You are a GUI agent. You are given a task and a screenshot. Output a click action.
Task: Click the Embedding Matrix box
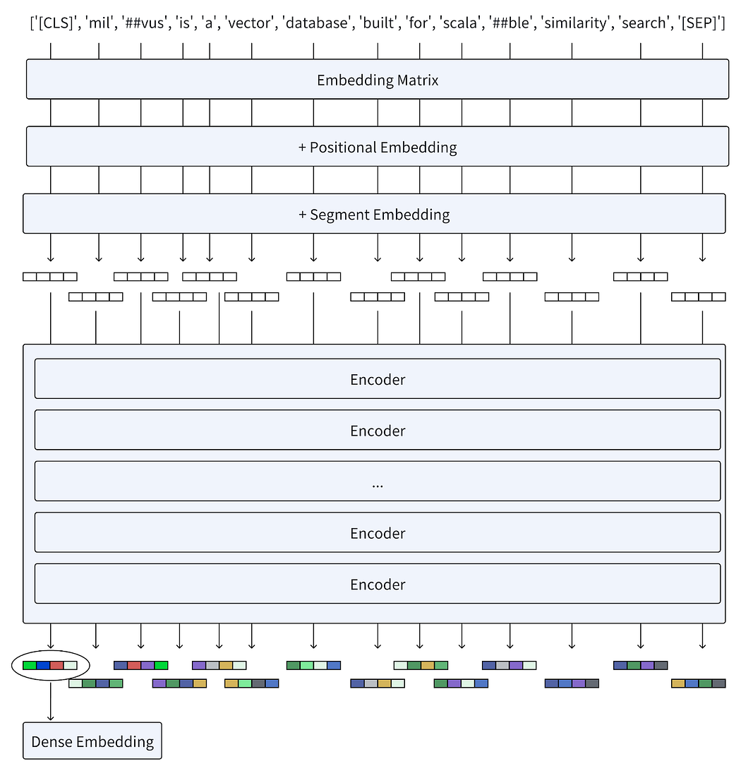pos(377,79)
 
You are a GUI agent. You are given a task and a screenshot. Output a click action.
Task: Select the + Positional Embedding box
pos(377,147)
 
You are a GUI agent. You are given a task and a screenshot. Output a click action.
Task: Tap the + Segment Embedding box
pos(374,214)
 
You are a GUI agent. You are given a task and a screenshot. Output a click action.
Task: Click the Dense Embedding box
pos(92,741)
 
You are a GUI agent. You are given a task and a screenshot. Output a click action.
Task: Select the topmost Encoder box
pos(377,379)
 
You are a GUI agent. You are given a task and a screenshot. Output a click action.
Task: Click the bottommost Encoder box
pos(377,584)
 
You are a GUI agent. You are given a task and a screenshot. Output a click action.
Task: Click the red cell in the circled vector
pos(56,665)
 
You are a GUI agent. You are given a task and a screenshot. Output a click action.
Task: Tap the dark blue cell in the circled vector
pos(43,665)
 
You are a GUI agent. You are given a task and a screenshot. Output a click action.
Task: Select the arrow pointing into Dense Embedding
pos(51,703)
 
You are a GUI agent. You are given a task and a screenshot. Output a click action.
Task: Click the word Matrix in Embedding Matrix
pos(416,80)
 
